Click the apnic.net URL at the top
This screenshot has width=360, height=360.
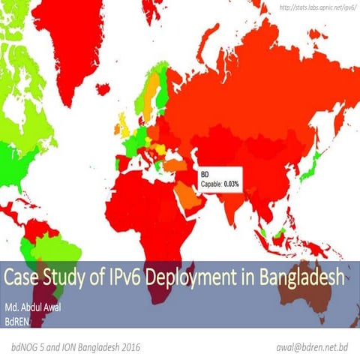click(316, 8)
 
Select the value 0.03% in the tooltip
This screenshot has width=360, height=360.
click(232, 184)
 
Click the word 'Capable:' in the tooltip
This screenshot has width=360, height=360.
click(211, 184)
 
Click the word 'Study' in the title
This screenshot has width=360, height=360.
click(67, 277)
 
